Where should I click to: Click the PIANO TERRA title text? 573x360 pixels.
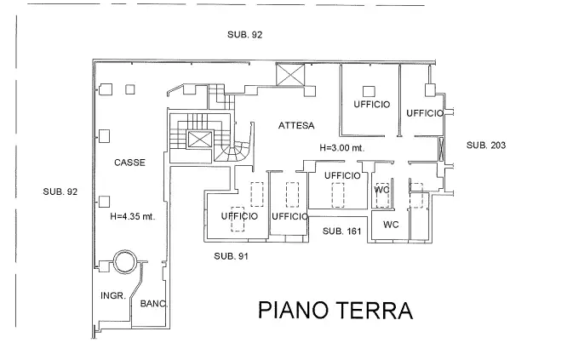(335, 309)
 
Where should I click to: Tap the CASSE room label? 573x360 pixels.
(130, 163)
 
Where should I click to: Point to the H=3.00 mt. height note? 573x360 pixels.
(341, 147)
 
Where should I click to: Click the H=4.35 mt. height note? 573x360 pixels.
(132, 216)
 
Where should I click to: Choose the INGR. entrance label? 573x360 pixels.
(113, 296)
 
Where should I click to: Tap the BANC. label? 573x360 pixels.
(154, 304)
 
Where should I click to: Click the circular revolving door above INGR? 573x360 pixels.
(125, 261)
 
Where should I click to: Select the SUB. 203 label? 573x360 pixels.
(486, 146)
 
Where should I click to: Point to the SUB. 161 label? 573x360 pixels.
(343, 231)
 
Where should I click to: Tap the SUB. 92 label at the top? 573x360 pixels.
(244, 35)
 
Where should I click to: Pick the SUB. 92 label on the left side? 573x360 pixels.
(60, 192)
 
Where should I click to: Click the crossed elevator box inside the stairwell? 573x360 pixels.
(198, 140)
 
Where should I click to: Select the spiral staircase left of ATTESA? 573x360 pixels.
(232, 151)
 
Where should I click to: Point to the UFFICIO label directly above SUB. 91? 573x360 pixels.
(239, 216)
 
